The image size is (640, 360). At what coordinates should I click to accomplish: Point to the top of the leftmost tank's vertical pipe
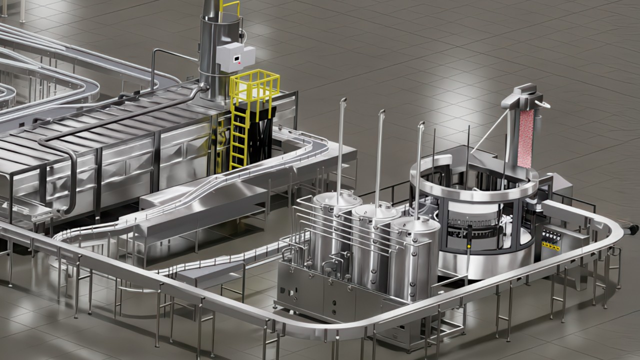[343, 101]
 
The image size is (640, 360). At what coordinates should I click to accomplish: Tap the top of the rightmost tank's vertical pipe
[421, 124]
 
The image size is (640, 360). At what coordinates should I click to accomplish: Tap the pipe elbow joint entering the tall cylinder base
[203, 87]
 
